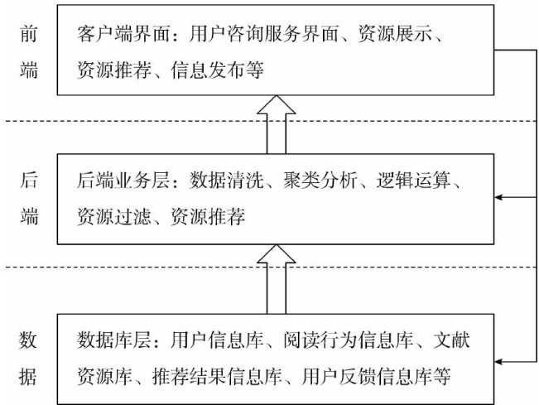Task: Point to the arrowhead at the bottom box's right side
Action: point(499,359)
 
